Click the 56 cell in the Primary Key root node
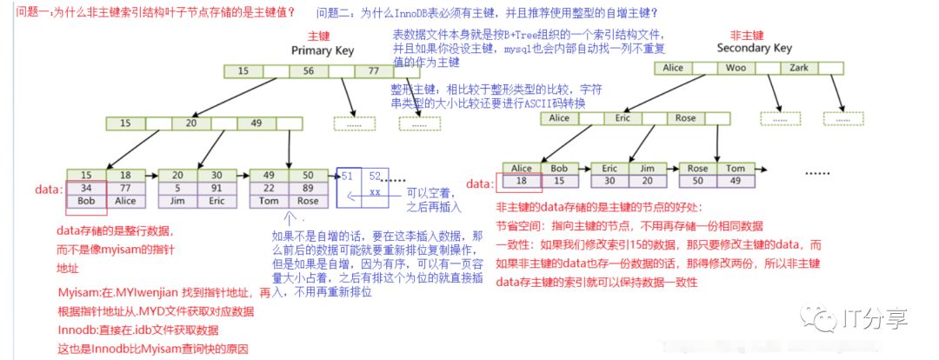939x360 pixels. pos(309,70)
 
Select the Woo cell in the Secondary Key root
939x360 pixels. pos(736,68)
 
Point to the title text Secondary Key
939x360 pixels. pos(753,49)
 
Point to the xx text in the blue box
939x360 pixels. pos(375,190)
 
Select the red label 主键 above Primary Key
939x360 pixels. pos(317,37)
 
